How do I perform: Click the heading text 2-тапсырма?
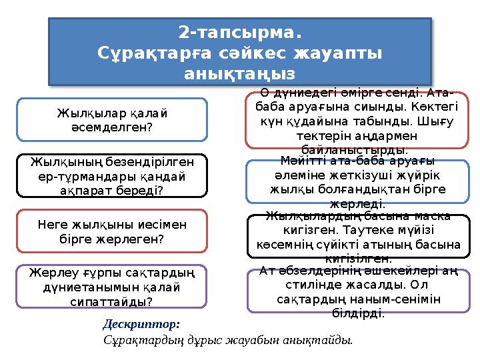tap(240, 32)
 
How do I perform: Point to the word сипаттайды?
tap(111, 301)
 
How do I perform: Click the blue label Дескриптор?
tap(141, 324)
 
